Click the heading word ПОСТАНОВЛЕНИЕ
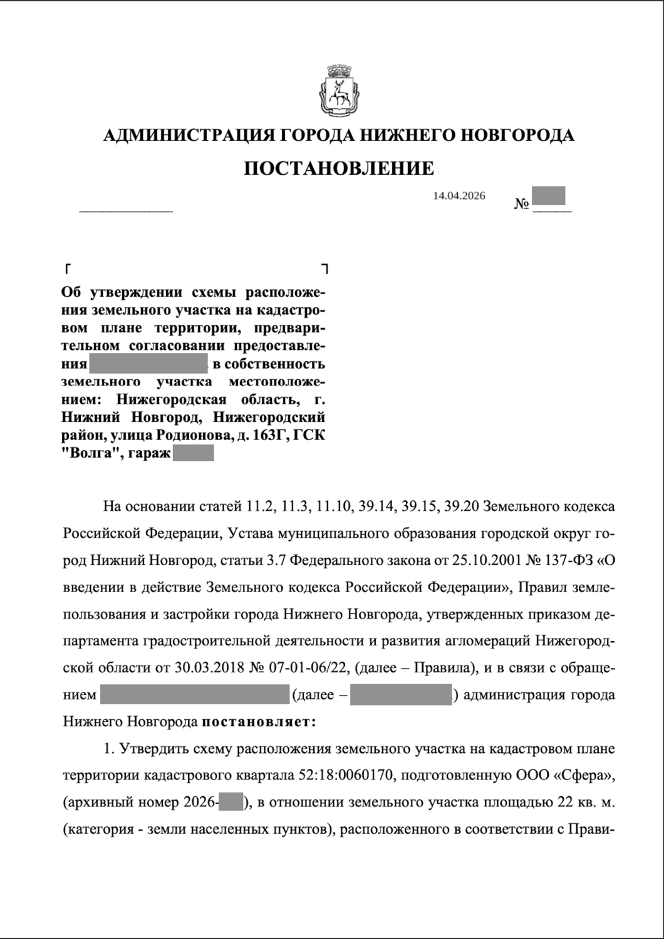pos(338,168)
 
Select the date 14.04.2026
pos(459,196)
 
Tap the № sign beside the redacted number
pos(522,204)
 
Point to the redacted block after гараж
pos(193,453)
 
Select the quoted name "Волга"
pos(91,453)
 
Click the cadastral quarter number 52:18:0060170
pos(348,776)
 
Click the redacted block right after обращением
pos(194,695)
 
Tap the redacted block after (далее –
pos(401,695)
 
